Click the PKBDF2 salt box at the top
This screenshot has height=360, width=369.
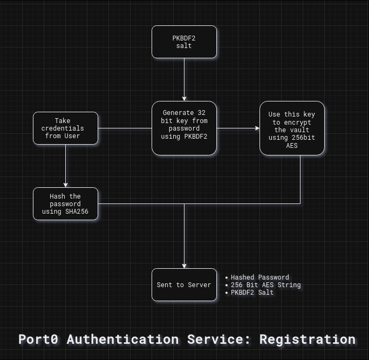coord(184,42)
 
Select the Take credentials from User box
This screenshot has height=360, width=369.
coord(65,128)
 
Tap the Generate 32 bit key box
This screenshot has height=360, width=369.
coord(184,128)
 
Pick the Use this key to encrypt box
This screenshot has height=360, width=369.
coord(292,128)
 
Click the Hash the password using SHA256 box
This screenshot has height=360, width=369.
coord(65,204)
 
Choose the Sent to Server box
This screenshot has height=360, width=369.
coord(184,284)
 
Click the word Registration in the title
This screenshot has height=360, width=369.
coord(307,339)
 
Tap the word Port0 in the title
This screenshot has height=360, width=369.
coord(39,339)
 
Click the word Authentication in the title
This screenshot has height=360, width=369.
coord(122,339)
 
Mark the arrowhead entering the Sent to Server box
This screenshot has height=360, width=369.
coord(184,266)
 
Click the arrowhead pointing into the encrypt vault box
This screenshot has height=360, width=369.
coord(257,128)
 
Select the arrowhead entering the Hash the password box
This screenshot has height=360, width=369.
coord(66,185)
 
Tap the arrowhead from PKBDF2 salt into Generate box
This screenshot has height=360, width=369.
coord(184,98)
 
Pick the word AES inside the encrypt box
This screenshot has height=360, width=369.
coord(292,146)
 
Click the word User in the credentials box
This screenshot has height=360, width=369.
coord(72,136)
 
